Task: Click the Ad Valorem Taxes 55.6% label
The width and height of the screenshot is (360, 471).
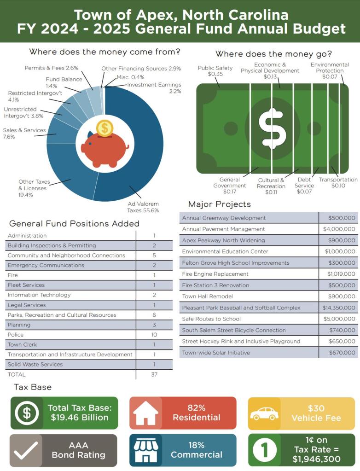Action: pyautogui.click(x=143, y=207)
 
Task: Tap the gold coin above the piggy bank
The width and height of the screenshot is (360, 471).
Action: pyautogui.click(x=105, y=128)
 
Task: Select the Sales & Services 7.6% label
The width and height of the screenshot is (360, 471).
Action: pyautogui.click(x=24, y=134)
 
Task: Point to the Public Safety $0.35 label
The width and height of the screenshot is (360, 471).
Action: pyautogui.click(x=215, y=71)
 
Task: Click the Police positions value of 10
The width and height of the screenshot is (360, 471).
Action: pyautogui.click(x=154, y=335)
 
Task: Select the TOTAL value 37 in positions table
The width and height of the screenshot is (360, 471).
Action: pyautogui.click(x=154, y=374)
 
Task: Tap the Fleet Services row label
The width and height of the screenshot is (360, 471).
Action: pyautogui.click(x=26, y=285)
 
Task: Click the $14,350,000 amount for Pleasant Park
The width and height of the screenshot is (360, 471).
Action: pyautogui.click(x=339, y=308)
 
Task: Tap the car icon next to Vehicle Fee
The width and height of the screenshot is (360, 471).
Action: pyautogui.click(x=264, y=413)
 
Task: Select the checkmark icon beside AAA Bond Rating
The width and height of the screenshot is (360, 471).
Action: pyautogui.click(x=26, y=450)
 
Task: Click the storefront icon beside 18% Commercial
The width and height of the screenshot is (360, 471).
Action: pyautogui.click(x=145, y=450)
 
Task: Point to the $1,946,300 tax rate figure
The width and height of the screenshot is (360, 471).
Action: pyautogui.click(x=316, y=459)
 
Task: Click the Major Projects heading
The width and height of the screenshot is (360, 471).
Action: pyautogui.click(x=220, y=204)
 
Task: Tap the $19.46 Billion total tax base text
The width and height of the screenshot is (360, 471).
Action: pyautogui.click(x=80, y=418)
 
